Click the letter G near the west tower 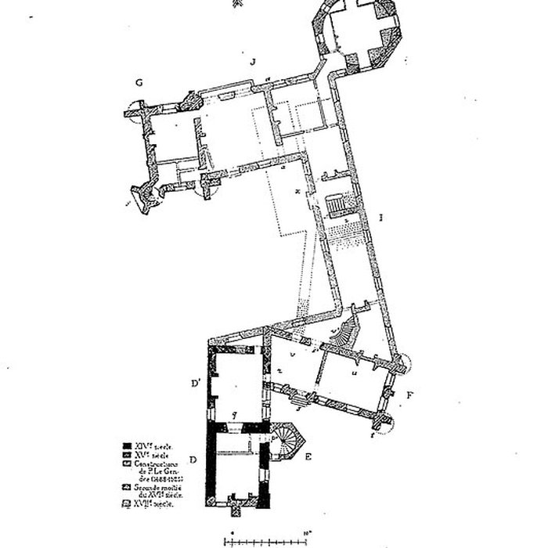[x=138, y=82]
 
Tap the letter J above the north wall [x=253, y=61]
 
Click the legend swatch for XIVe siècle [x=128, y=445]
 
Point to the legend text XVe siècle [x=153, y=454]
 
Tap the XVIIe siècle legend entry [x=149, y=505]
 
